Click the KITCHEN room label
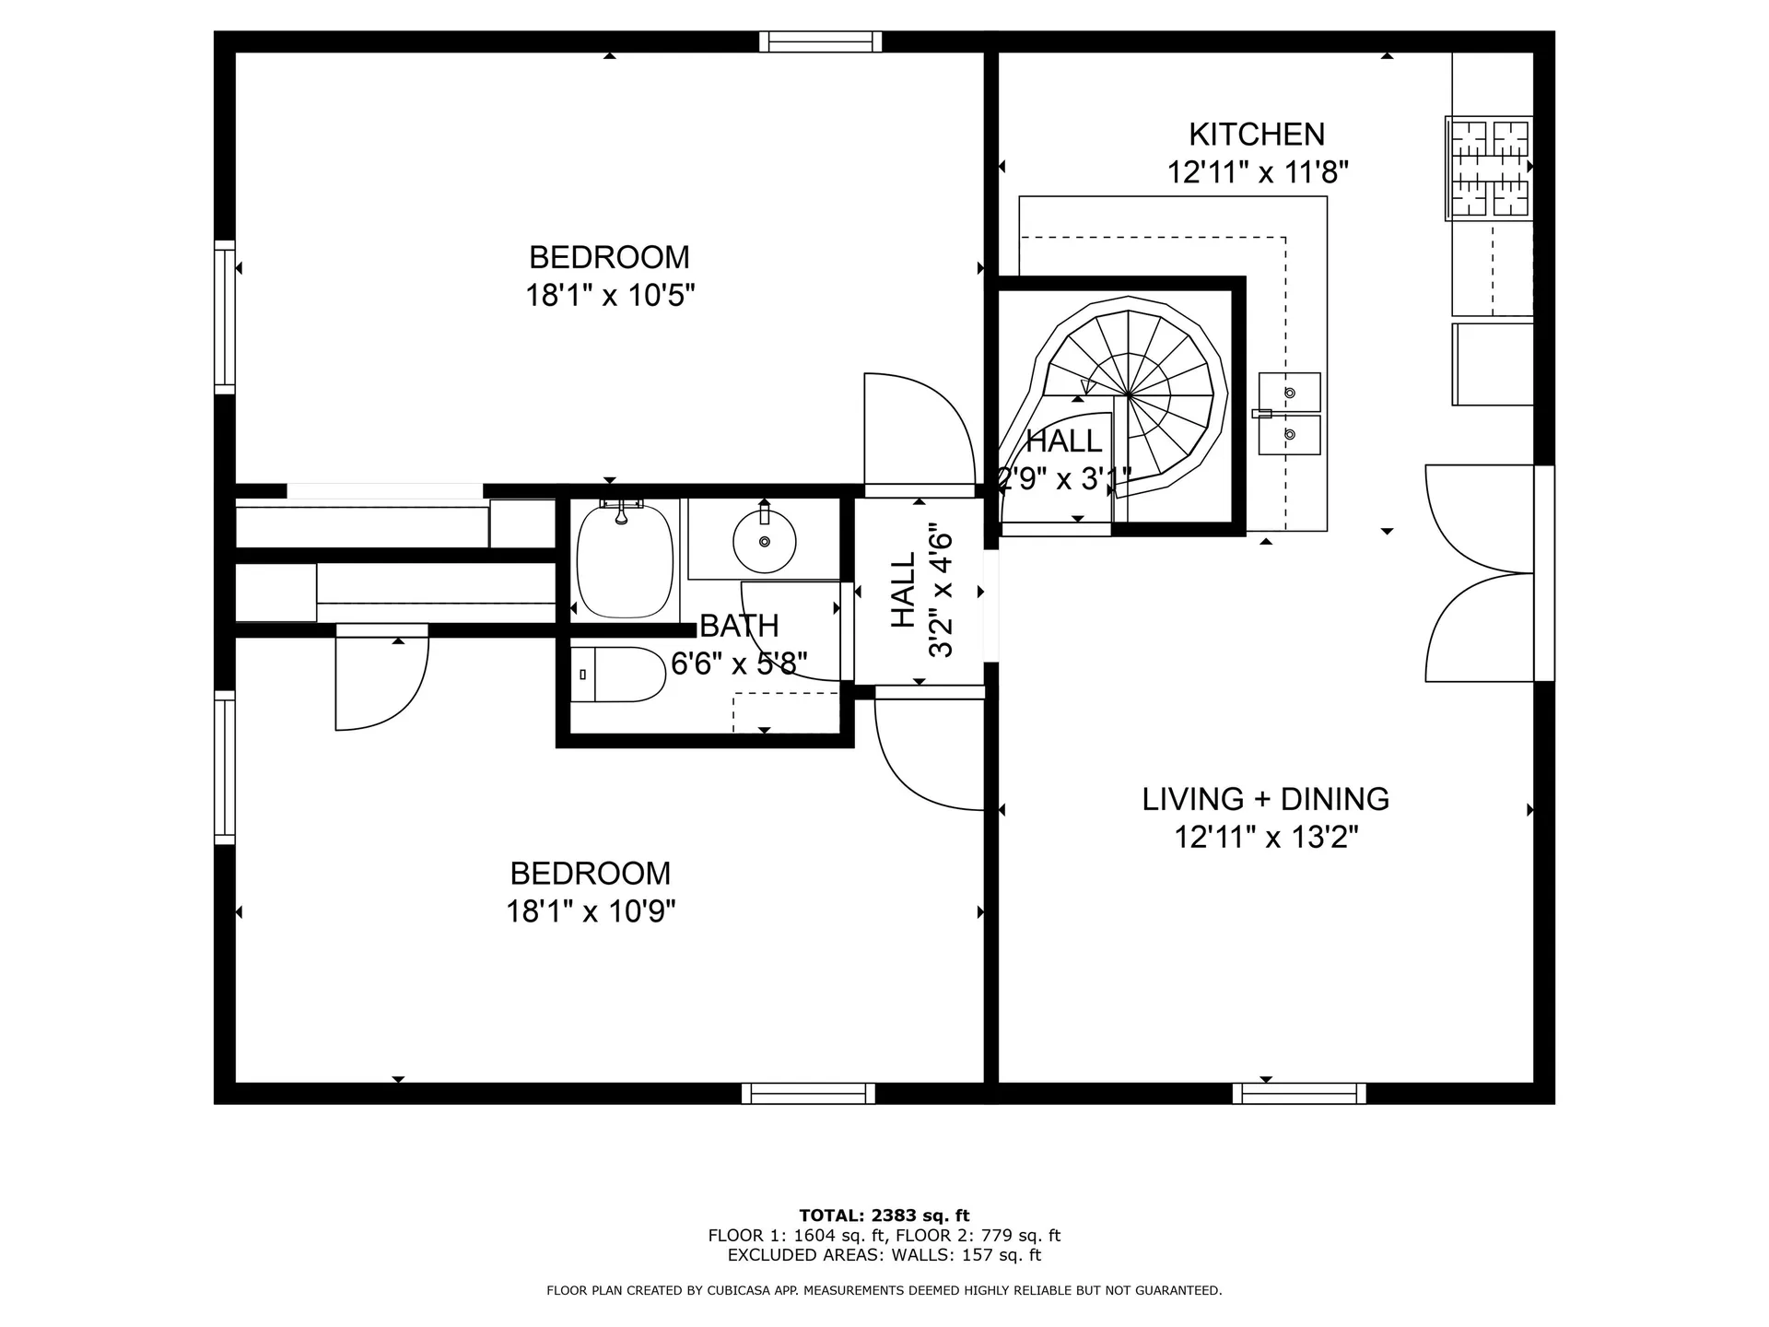[1256, 135]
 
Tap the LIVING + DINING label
[1265, 799]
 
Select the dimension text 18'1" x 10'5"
[609, 296]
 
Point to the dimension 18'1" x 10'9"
[591, 912]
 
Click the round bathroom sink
[764, 542]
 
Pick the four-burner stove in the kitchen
[1489, 168]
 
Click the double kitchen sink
[1289, 414]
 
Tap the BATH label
[739, 626]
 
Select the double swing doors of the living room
[1477, 573]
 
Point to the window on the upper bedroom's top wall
[820, 41]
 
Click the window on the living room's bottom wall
[1299, 1093]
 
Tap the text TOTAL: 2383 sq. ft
[884, 1215]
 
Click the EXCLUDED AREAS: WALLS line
[884, 1255]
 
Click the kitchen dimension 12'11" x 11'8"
[1258, 172]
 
